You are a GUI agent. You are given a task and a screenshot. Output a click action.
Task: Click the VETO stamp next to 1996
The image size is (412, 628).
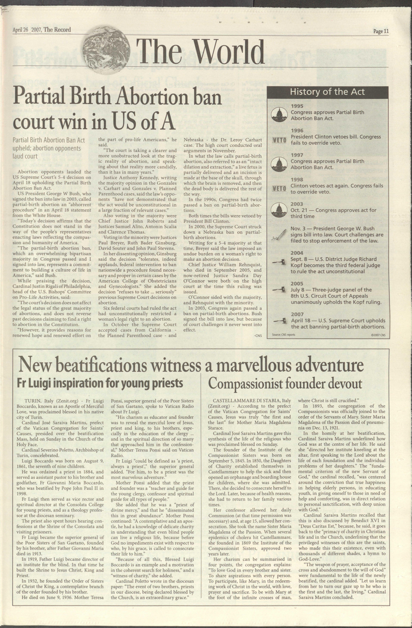pyautogui.click(x=279, y=140)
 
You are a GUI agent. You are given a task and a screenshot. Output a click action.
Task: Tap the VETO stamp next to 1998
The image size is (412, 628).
pyautogui.click(x=279, y=189)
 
